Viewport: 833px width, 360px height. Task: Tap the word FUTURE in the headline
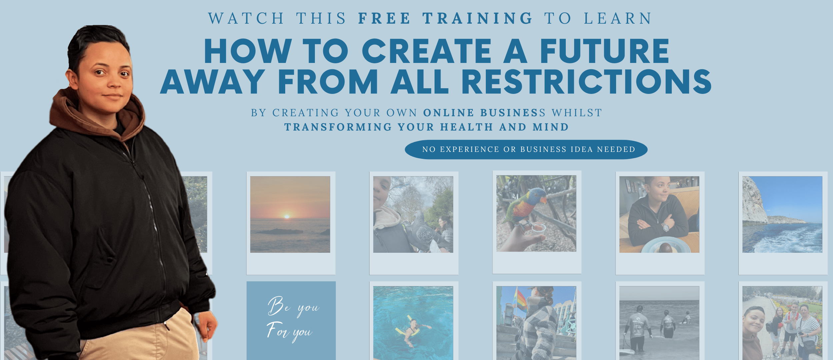(604, 51)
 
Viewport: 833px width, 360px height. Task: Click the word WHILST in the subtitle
(577, 113)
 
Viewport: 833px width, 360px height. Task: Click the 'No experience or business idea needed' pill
(526, 150)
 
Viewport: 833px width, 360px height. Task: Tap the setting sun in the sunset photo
(287, 216)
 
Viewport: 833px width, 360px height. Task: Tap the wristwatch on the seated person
(665, 227)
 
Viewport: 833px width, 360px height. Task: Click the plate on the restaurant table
(666, 245)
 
